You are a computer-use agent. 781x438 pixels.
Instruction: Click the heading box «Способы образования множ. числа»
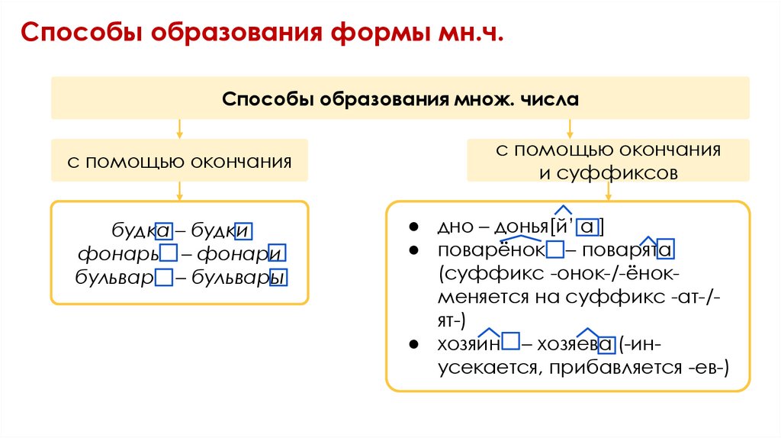400,98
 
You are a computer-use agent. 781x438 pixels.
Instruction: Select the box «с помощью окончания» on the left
180,161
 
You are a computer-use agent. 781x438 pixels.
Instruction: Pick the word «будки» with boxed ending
221,230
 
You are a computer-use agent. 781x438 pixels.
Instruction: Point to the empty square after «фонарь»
169,253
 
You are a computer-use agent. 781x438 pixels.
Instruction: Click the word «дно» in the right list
452,227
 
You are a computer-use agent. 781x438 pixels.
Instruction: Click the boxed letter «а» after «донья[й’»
587,227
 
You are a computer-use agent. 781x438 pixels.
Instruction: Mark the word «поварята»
628,250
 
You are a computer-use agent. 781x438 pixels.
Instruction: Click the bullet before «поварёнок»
413,250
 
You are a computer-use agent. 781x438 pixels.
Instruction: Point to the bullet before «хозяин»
413,344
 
